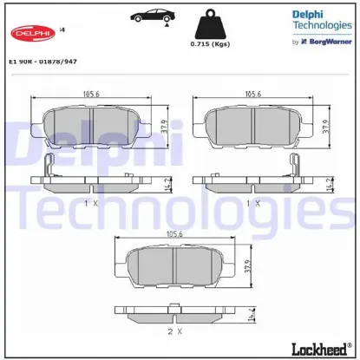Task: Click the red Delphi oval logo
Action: point(30,33)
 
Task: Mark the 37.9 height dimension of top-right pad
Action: point(324,128)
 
